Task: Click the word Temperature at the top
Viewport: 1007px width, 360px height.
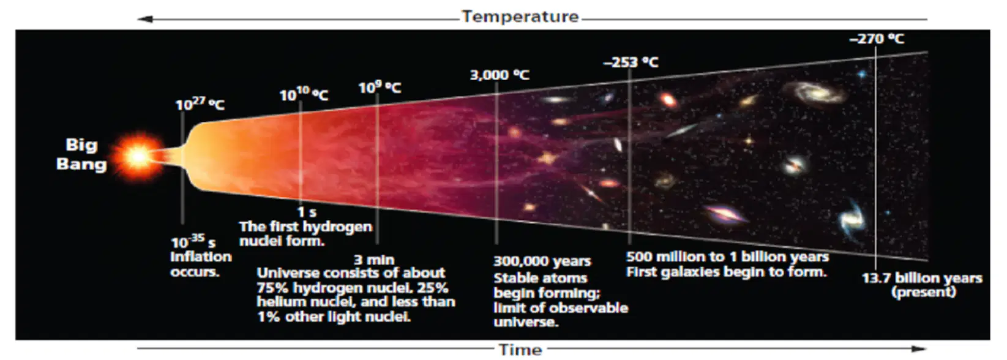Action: (x=520, y=17)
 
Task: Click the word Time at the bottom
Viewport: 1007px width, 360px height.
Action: (x=520, y=350)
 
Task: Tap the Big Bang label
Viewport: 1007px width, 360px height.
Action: (x=81, y=154)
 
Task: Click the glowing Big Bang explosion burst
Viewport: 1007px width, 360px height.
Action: (x=138, y=156)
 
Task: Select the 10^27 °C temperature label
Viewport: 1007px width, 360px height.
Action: (x=200, y=104)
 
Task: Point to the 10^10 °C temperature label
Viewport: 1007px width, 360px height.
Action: (x=304, y=94)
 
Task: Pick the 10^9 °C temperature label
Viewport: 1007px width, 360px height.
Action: (x=380, y=87)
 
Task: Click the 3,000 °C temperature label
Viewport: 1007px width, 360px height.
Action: (x=500, y=75)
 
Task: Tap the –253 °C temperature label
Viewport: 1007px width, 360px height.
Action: (x=631, y=62)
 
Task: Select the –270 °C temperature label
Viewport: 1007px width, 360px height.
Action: (x=877, y=39)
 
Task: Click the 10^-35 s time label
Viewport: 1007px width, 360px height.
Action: (x=193, y=242)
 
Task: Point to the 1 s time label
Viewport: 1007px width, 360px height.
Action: (x=307, y=212)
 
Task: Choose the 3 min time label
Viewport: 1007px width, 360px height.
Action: (x=374, y=260)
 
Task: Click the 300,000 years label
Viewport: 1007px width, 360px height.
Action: (x=542, y=261)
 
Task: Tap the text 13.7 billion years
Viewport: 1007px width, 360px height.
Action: (x=922, y=278)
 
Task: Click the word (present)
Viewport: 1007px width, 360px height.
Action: (x=924, y=293)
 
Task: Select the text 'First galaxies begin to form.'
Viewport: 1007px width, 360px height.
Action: (x=727, y=272)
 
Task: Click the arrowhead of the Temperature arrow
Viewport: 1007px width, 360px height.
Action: (x=145, y=19)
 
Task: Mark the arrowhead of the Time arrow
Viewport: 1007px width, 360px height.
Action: (x=918, y=349)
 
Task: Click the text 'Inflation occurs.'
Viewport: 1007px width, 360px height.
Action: (x=201, y=264)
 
